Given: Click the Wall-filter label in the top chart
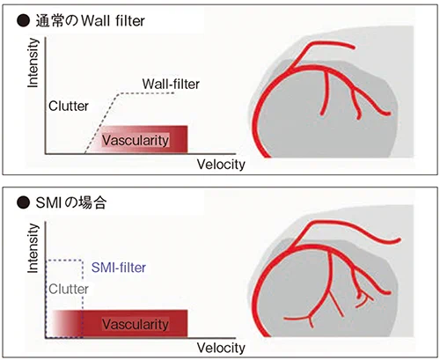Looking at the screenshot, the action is pos(171,84).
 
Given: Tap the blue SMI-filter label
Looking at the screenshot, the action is pos(119,268).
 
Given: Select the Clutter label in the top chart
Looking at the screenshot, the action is pos(69,107).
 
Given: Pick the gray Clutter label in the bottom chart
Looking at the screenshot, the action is pos(69,290).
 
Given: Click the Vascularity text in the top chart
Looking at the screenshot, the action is pos(136,141).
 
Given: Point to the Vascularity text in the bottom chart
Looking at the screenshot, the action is pos(136,325).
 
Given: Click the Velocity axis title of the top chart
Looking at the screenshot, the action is pos(221,165).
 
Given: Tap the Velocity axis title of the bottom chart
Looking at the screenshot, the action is pos(221,348).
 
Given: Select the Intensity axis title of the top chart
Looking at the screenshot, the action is pos(33,62).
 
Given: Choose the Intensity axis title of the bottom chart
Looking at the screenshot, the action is pos(33,248).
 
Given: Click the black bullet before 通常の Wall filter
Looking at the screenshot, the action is pos(23,21).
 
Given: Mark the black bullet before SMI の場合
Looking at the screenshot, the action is pos(23,202).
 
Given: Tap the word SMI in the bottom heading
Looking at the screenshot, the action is pos(48,202).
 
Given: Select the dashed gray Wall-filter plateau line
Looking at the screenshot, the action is pos(146,93).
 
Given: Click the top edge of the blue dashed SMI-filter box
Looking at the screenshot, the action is pos(65,260).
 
